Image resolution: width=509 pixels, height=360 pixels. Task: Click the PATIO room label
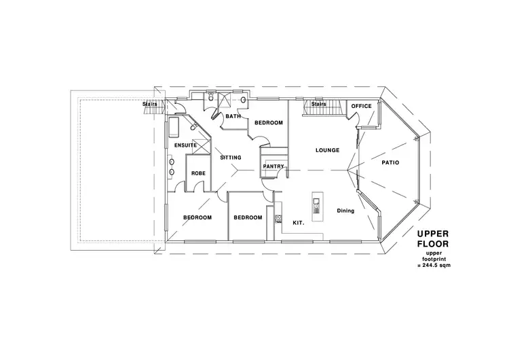pos(390,163)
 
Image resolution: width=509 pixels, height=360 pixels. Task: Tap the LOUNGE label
pos(326,149)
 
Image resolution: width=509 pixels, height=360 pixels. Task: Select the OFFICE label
pos(361,106)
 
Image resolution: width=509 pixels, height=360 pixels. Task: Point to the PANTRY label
pos(273,165)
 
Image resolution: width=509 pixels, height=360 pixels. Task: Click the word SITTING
pos(231,158)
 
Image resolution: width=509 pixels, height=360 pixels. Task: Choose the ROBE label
pos(198,173)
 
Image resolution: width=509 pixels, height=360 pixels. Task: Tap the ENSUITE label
pos(185,145)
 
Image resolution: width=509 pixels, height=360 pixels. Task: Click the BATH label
pos(233,116)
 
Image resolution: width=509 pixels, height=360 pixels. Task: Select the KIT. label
pos(298,222)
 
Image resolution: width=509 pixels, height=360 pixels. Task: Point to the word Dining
pos(345,211)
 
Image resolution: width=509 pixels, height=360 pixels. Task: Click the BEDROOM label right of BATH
pos(269,122)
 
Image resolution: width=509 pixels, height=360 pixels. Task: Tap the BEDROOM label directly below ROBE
pos(197,217)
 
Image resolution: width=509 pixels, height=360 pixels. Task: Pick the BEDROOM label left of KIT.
pos(248,217)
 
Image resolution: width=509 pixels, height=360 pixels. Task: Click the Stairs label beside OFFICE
pos(319,104)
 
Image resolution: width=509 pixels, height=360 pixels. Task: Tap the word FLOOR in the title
pos(433,245)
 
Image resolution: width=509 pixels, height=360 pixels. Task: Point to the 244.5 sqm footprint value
pos(434,266)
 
